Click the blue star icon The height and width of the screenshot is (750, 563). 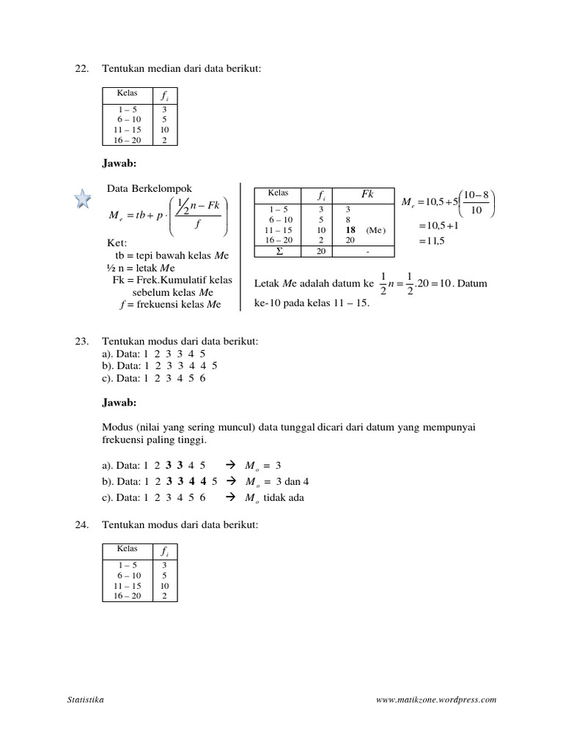click(x=83, y=199)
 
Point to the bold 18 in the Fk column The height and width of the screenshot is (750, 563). click(x=350, y=229)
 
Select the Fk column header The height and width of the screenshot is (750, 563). click(x=369, y=195)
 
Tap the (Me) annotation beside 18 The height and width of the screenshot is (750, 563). click(x=376, y=229)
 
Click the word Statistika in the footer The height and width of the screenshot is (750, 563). click(x=85, y=699)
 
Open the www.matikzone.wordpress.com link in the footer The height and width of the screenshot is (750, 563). click(x=435, y=699)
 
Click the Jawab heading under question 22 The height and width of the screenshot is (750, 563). click(x=119, y=162)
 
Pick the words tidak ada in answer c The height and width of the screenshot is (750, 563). click(x=281, y=497)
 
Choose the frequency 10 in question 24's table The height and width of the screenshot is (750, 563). click(x=164, y=586)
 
